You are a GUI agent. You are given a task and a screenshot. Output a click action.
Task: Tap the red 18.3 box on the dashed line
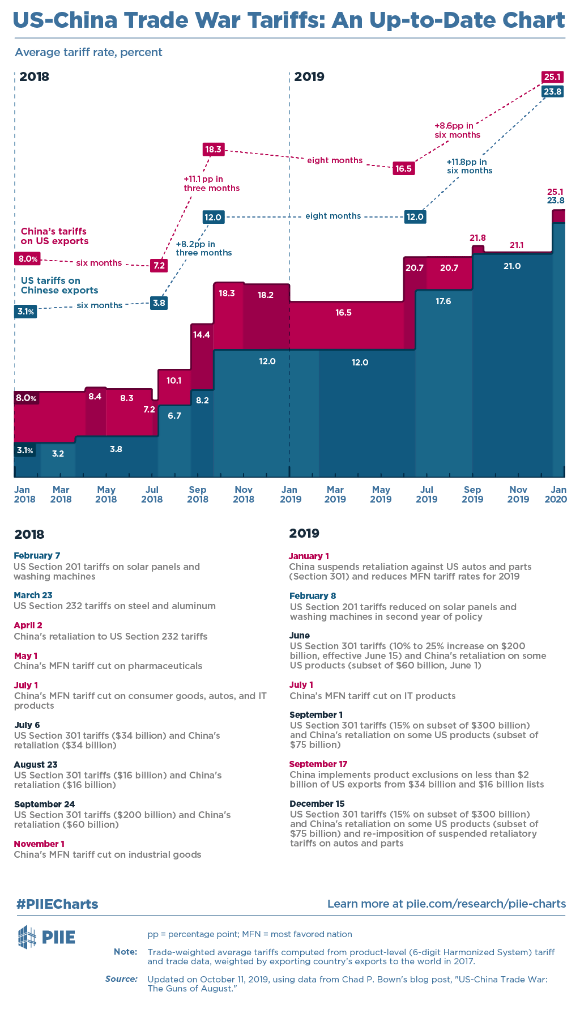point(214,150)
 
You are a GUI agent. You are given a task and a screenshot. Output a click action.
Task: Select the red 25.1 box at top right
point(552,77)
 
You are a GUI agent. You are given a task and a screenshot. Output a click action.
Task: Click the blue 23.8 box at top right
point(552,91)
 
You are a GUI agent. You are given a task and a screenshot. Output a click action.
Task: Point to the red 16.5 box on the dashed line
point(403,168)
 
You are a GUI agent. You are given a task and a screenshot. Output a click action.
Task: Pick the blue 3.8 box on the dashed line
point(159,303)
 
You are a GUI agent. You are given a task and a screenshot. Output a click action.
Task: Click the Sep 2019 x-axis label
point(472,494)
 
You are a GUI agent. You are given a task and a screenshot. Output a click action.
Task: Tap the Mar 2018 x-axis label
point(61,494)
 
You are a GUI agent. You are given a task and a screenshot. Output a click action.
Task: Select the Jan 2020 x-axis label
point(557,494)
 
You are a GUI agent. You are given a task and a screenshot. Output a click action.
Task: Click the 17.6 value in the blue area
point(443,301)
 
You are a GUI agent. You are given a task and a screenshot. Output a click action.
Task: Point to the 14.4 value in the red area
point(202,334)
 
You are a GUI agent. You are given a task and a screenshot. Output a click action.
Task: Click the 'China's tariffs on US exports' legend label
point(54,236)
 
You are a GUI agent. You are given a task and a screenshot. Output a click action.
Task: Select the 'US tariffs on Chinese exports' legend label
point(59,285)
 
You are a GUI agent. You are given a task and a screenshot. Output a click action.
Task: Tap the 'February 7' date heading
point(37,555)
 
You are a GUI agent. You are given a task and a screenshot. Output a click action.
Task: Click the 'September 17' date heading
point(318,764)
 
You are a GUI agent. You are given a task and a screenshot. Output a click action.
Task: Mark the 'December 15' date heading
point(317,803)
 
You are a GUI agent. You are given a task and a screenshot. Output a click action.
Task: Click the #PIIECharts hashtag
point(57,904)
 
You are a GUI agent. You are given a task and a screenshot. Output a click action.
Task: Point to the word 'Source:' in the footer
point(121,978)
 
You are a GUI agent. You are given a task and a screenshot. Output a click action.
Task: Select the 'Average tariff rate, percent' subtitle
point(88,52)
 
